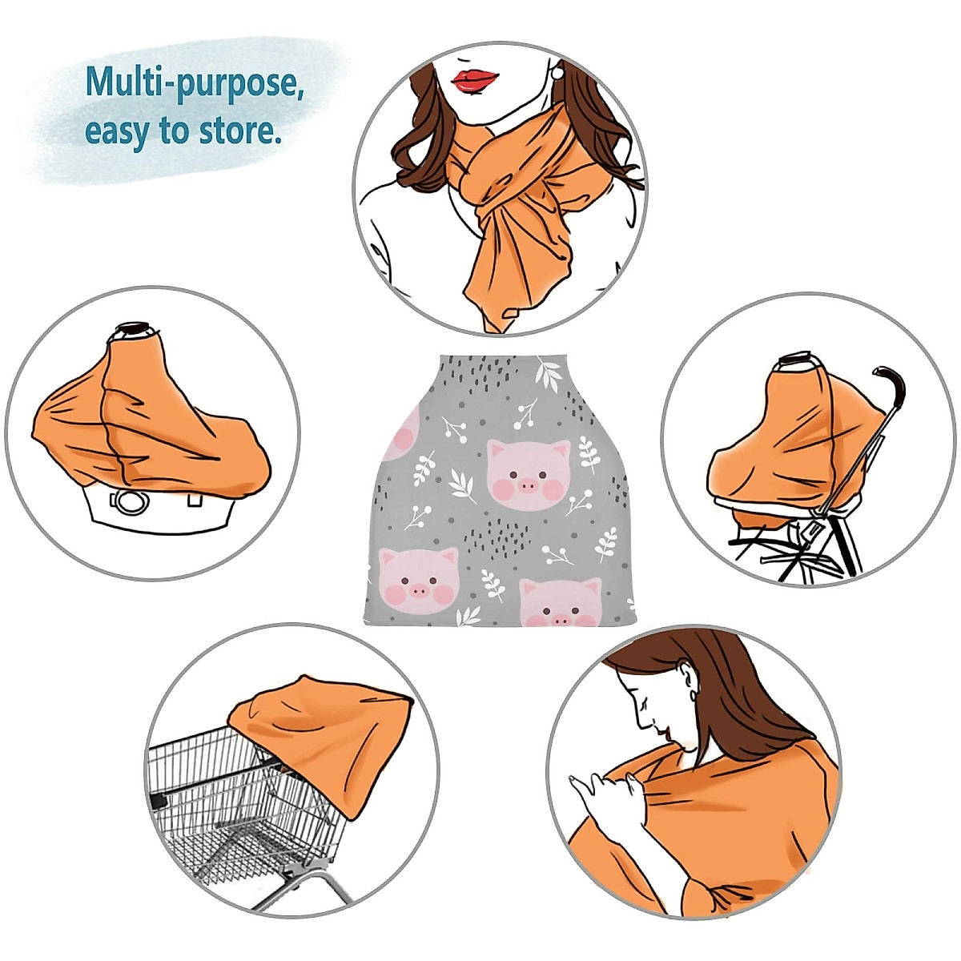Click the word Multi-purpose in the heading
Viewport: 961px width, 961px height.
point(195,82)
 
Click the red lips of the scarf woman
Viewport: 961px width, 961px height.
point(475,80)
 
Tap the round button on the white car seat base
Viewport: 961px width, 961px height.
point(127,502)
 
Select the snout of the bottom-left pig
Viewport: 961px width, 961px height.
point(417,593)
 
